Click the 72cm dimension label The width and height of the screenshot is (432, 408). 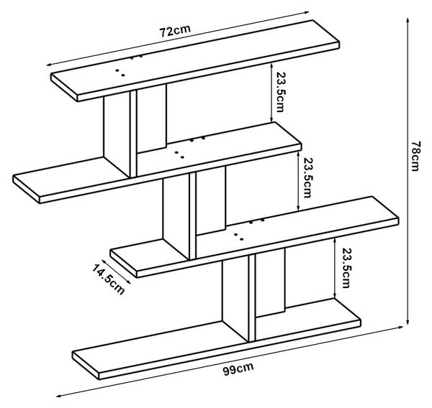[x=175, y=30]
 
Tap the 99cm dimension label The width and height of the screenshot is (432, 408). [x=238, y=368]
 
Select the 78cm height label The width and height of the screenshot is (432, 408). [x=415, y=156]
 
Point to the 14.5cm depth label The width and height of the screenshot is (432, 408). [x=108, y=279]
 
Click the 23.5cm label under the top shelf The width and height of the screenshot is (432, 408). [x=280, y=92]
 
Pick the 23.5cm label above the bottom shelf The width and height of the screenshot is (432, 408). [x=346, y=268]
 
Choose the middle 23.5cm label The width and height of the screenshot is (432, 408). [x=307, y=177]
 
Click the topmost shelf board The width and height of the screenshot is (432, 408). [x=195, y=61]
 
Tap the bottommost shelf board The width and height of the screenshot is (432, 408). [x=216, y=339]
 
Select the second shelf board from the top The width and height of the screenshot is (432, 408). [x=157, y=162]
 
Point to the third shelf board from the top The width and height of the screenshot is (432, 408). [x=254, y=237]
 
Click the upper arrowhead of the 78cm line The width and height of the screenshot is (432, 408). [x=408, y=21]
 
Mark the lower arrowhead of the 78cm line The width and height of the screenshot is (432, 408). [x=408, y=322]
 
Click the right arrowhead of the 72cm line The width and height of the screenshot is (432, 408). [x=306, y=12]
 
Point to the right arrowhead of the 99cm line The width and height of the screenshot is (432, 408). [x=400, y=327]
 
